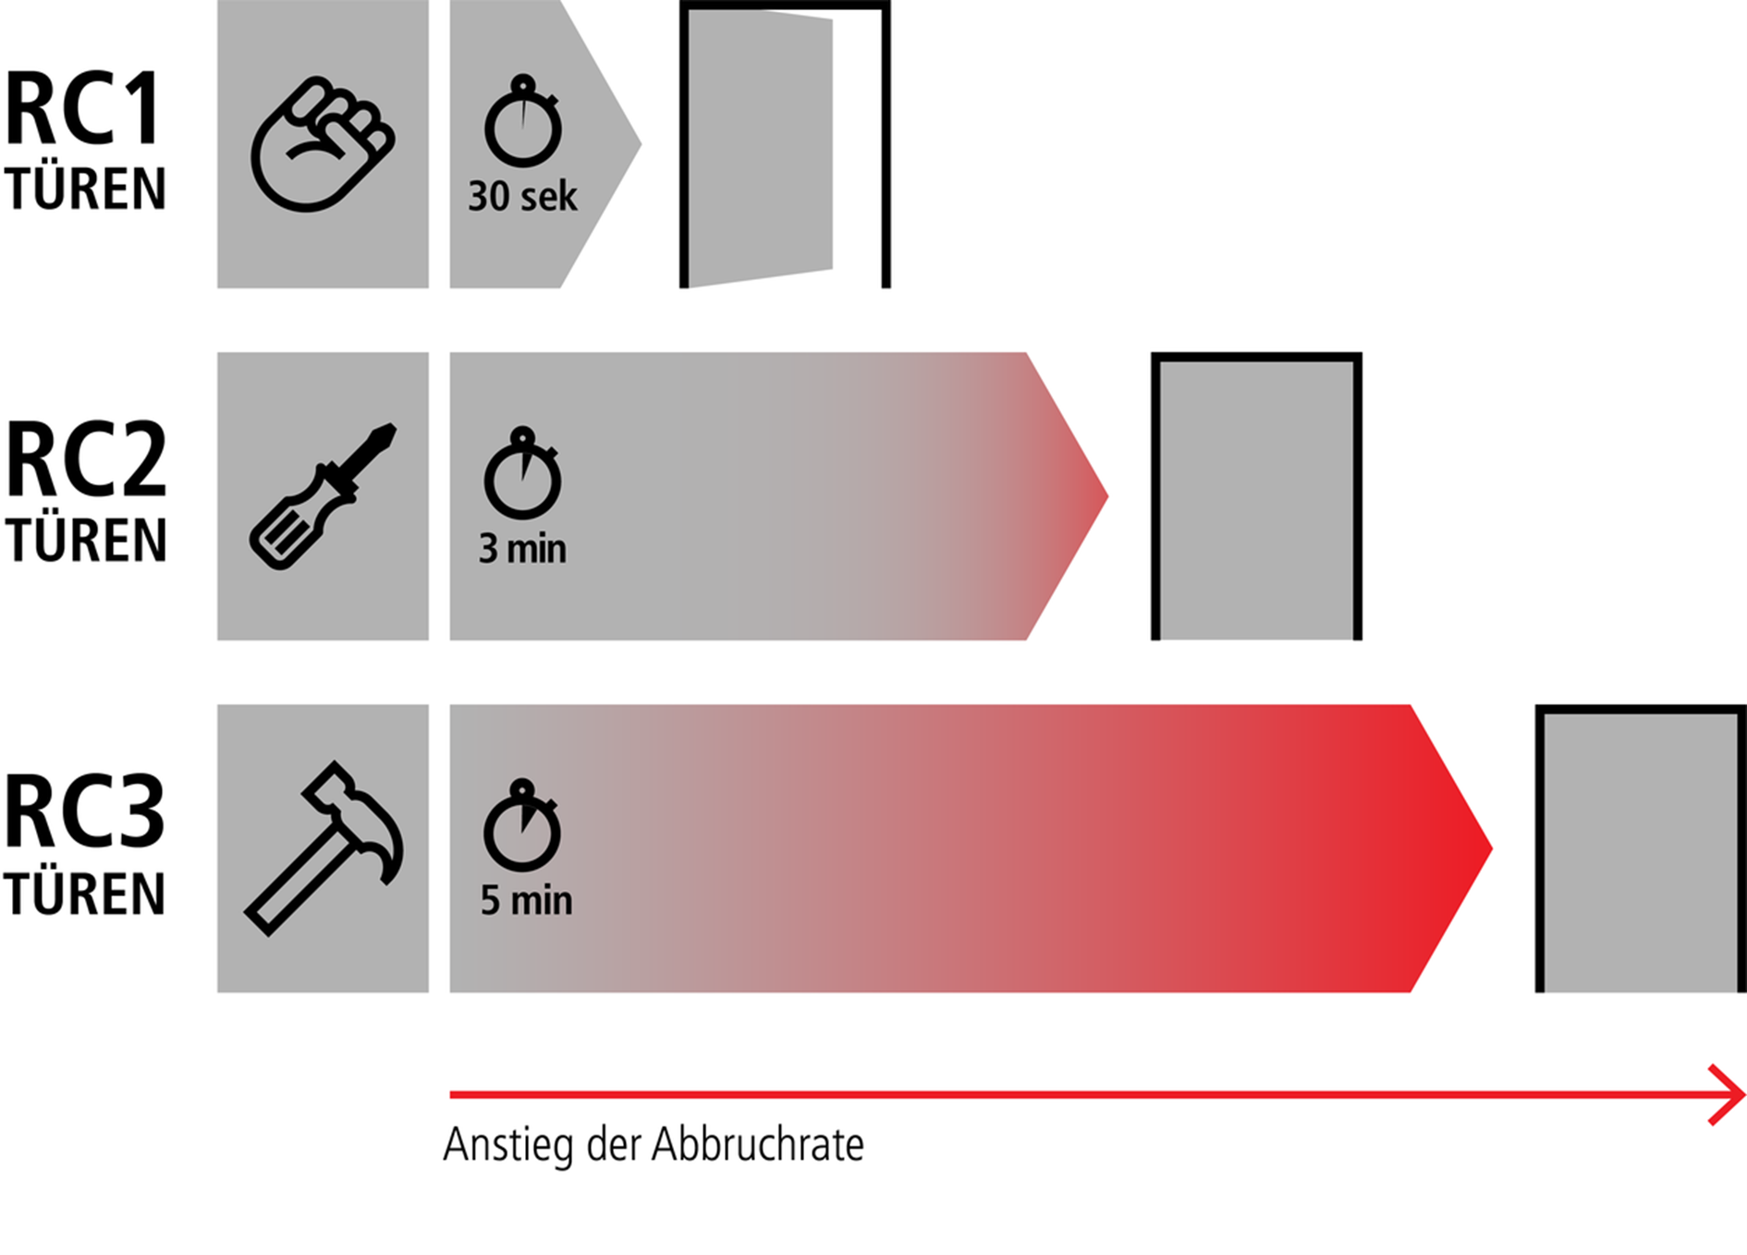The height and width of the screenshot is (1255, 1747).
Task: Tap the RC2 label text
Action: coord(86,459)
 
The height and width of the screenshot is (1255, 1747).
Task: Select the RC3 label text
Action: coord(84,811)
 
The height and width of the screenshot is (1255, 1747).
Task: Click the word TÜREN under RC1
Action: coord(85,189)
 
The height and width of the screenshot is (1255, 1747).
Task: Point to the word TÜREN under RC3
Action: coord(85,894)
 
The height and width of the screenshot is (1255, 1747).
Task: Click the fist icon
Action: coord(322,143)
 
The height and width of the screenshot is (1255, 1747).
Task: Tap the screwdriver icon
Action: coord(322,496)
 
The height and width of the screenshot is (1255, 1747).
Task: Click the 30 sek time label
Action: coord(522,197)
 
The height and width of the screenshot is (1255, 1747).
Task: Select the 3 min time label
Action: coord(522,549)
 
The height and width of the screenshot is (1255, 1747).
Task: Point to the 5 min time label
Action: coord(526,900)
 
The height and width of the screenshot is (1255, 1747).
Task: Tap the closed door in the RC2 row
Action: coord(1256,497)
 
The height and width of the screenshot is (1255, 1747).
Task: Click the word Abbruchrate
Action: coord(758,1145)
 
